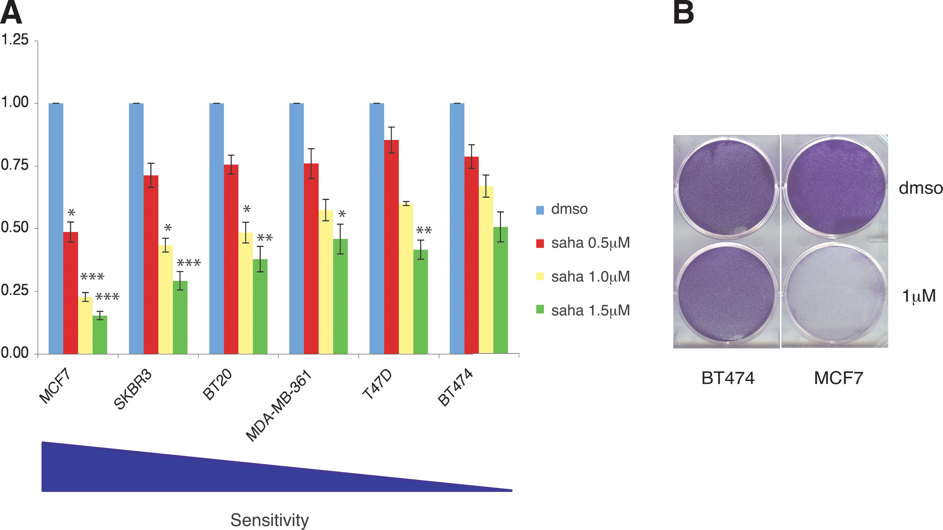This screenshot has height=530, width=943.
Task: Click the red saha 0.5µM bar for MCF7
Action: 71,293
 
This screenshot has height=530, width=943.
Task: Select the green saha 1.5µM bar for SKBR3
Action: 180,317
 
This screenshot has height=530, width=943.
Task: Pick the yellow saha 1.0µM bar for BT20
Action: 246,293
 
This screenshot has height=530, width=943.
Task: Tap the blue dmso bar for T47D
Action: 377,229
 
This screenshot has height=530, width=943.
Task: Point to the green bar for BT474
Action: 501,290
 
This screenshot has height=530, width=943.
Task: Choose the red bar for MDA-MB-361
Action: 311,259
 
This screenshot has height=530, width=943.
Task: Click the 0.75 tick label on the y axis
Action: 15,165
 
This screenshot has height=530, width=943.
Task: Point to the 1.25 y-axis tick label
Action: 15,40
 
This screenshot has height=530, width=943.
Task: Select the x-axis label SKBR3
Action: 133,389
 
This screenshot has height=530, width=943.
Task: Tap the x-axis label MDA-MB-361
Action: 279,406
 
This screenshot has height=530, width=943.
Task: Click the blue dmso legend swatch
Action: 540,210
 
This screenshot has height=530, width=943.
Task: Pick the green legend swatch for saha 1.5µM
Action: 540,310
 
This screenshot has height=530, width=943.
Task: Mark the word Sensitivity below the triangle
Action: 270,520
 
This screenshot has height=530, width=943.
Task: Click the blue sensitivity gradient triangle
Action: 183,472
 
